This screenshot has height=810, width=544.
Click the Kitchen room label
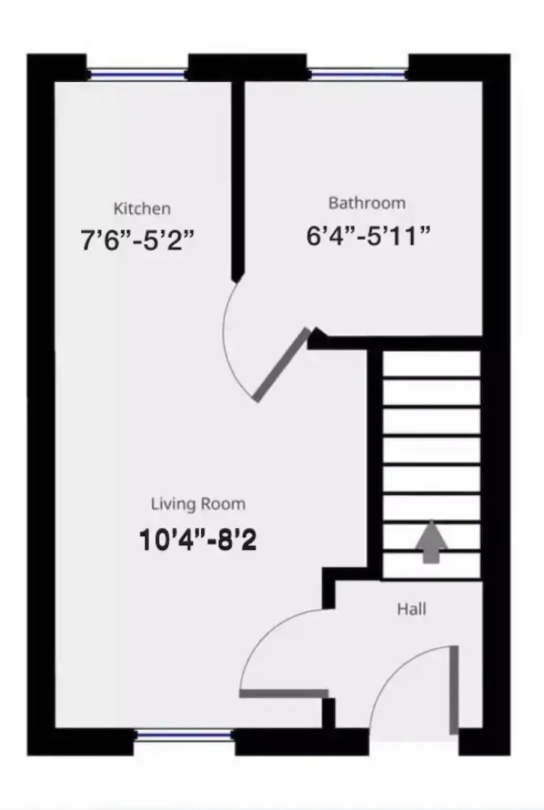tap(142, 208)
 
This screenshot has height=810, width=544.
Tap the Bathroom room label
tap(367, 202)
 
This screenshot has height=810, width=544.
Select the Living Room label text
tap(198, 504)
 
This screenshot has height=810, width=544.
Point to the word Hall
tap(412, 609)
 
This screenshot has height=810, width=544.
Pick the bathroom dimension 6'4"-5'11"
tap(368, 235)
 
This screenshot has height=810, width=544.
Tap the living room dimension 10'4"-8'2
tap(198, 539)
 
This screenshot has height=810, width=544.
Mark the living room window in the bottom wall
tap(185, 736)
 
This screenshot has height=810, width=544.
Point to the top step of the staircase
tap(431, 364)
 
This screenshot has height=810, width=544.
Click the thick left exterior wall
tap(41, 405)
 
